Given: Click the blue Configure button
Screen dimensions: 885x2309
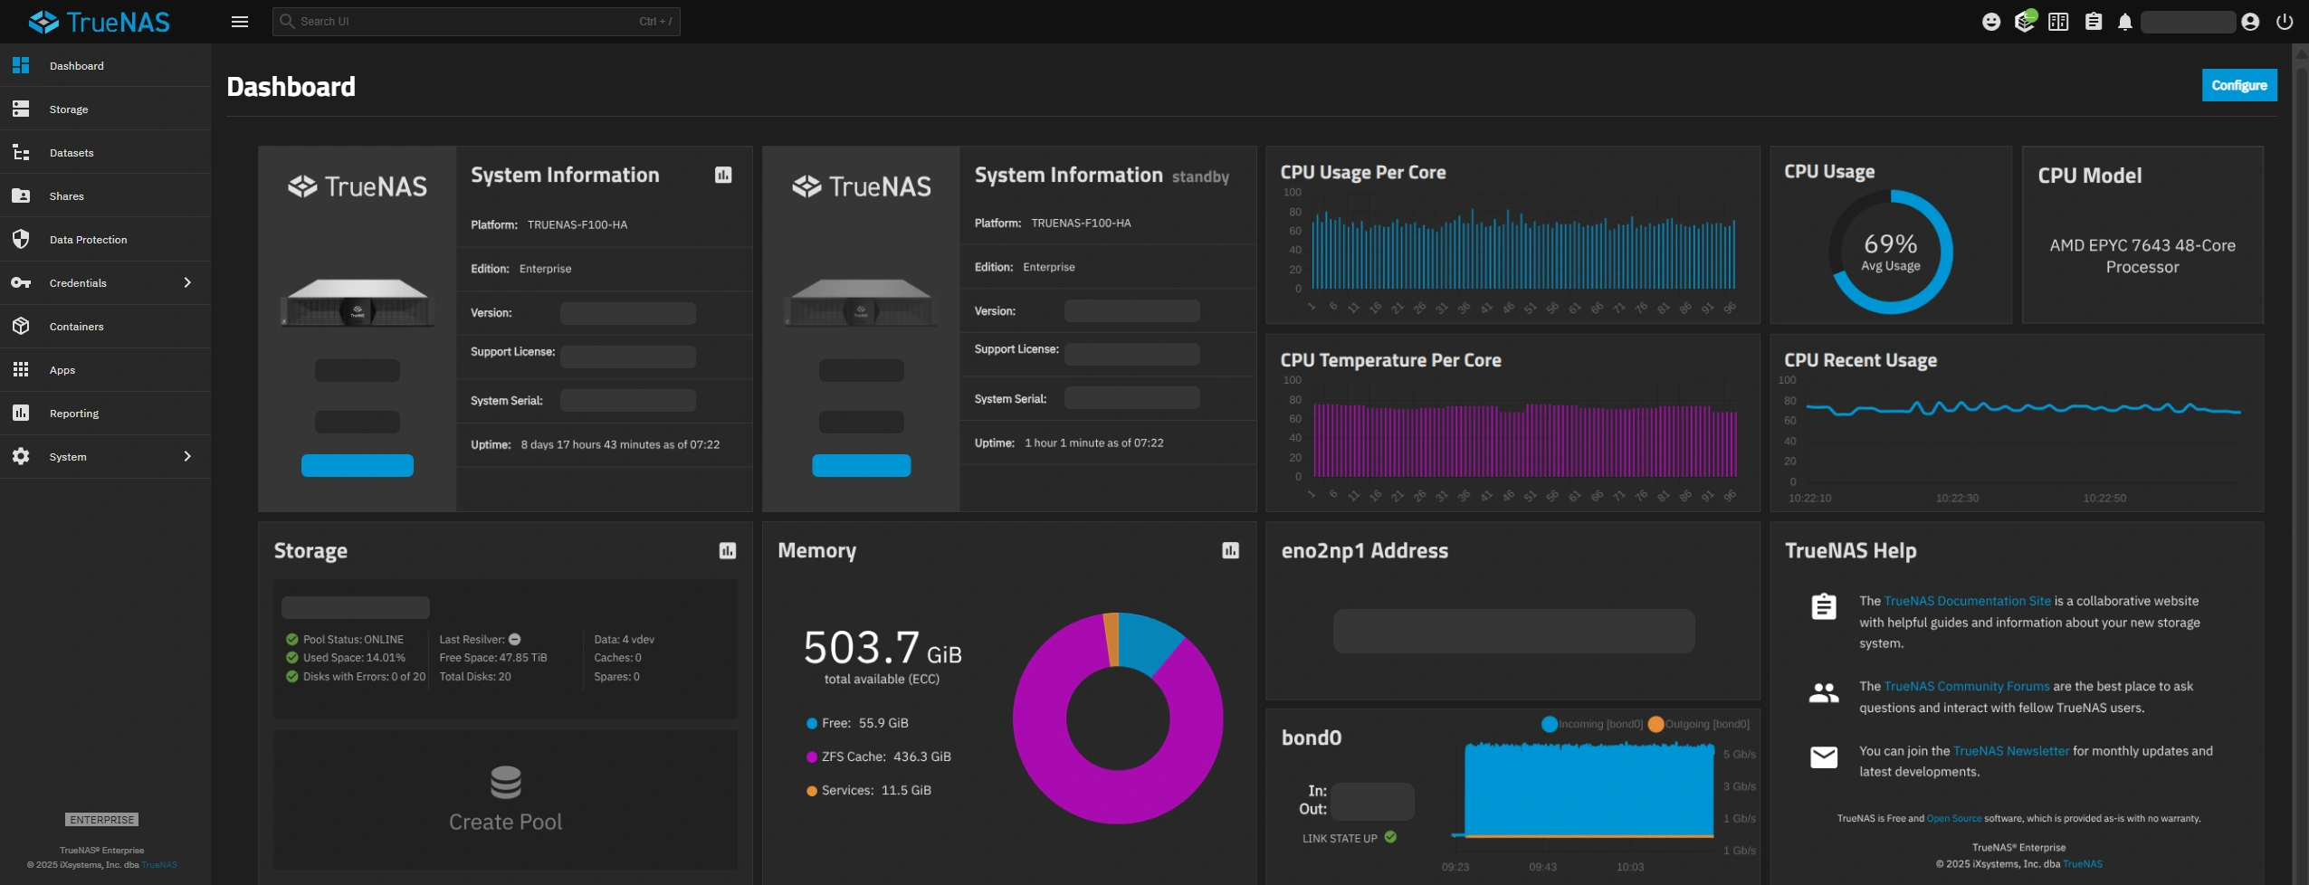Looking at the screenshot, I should pyautogui.click(x=2238, y=85).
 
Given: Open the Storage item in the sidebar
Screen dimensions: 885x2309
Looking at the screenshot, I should pyautogui.click(x=69, y=109).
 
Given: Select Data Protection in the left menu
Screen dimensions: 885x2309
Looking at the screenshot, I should pyautogui.click(x=88, y=240).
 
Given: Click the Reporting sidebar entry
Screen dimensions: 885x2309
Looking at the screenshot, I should pyautogui.click(x=74, y=414).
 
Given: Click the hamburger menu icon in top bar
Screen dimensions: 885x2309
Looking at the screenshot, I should pyautogui.click(x=240, y=22).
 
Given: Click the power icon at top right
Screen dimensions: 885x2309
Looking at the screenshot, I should pyautogui.click(x=2285, y=22).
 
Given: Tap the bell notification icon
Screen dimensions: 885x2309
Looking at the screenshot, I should pyautogui.click(x=2124, y=22).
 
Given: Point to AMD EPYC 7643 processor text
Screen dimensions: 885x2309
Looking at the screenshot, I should pyautogui.click(x=2142, y=256).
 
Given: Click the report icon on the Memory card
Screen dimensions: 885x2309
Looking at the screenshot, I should pyautogui.click(x=1230, y=550).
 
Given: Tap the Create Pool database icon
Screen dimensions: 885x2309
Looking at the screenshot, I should pyautogui.click(x=505, y=782).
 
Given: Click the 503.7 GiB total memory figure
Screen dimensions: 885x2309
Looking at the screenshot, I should pyautogui.click(x=882, y=649).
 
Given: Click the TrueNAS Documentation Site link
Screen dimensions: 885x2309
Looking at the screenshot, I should pyautogui.click(x=1967, y=601).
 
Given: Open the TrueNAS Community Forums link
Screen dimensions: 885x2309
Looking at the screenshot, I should pyautogui.click(x=1966, y=686).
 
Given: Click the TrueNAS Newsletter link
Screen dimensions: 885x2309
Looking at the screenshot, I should pyautogui.click(x=2010, y=751).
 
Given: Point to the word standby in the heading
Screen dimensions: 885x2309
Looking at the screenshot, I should pyautogui.click(x=1200, y=177).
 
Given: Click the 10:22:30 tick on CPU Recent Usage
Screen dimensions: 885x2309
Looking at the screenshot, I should pyautogui.click(x=1957, y=498).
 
